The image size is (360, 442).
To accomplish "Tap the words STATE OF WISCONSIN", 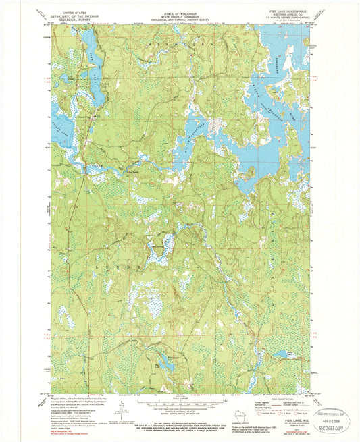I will [x=180, y=11].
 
